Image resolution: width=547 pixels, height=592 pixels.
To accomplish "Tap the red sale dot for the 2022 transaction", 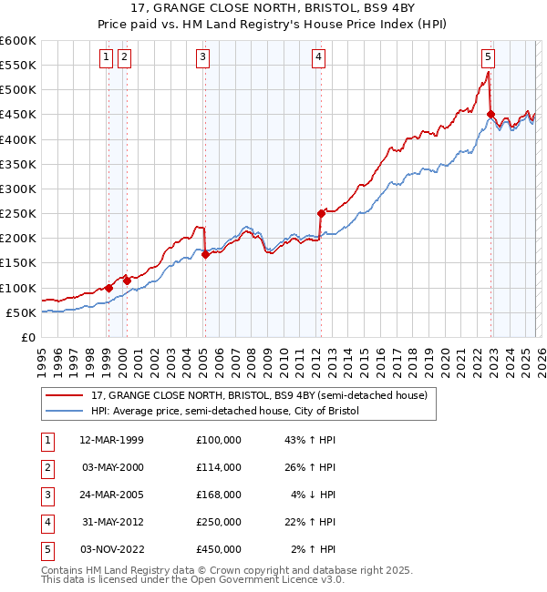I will (x=490, y=115).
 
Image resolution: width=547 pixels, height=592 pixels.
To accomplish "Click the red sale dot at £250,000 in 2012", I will (x=321, y=213).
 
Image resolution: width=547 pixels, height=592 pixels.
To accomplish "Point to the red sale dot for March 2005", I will (x=205, y=254).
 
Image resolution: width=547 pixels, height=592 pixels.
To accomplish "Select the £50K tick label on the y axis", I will (x=21, y=312).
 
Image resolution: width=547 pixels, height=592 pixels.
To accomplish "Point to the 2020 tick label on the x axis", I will (x=445, y=353).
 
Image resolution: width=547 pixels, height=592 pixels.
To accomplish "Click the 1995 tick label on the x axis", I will (x=42, y=353).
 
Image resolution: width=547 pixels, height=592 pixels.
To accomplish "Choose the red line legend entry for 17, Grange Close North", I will (x=264, y=395).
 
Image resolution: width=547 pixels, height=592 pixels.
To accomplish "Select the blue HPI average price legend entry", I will (x=225, y=412).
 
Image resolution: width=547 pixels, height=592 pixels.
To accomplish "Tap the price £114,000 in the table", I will (x=218, y=467).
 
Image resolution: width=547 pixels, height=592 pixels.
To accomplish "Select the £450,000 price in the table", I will (x=218, y=549).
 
